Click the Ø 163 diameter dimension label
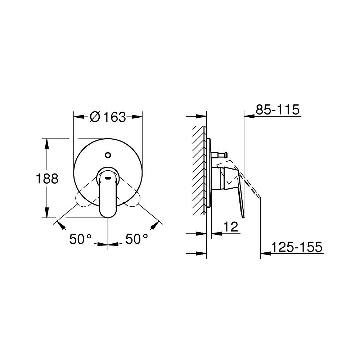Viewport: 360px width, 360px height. [108, 117]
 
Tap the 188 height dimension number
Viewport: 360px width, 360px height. [47, 179]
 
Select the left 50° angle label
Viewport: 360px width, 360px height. [81, 239]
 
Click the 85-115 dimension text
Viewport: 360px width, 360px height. [278, 109]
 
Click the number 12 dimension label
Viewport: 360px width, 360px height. [231, 227]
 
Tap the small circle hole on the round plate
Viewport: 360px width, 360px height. [107, 155]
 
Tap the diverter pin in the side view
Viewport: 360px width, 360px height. [220, 155]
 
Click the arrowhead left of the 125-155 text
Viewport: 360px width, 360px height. [265, 254]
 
